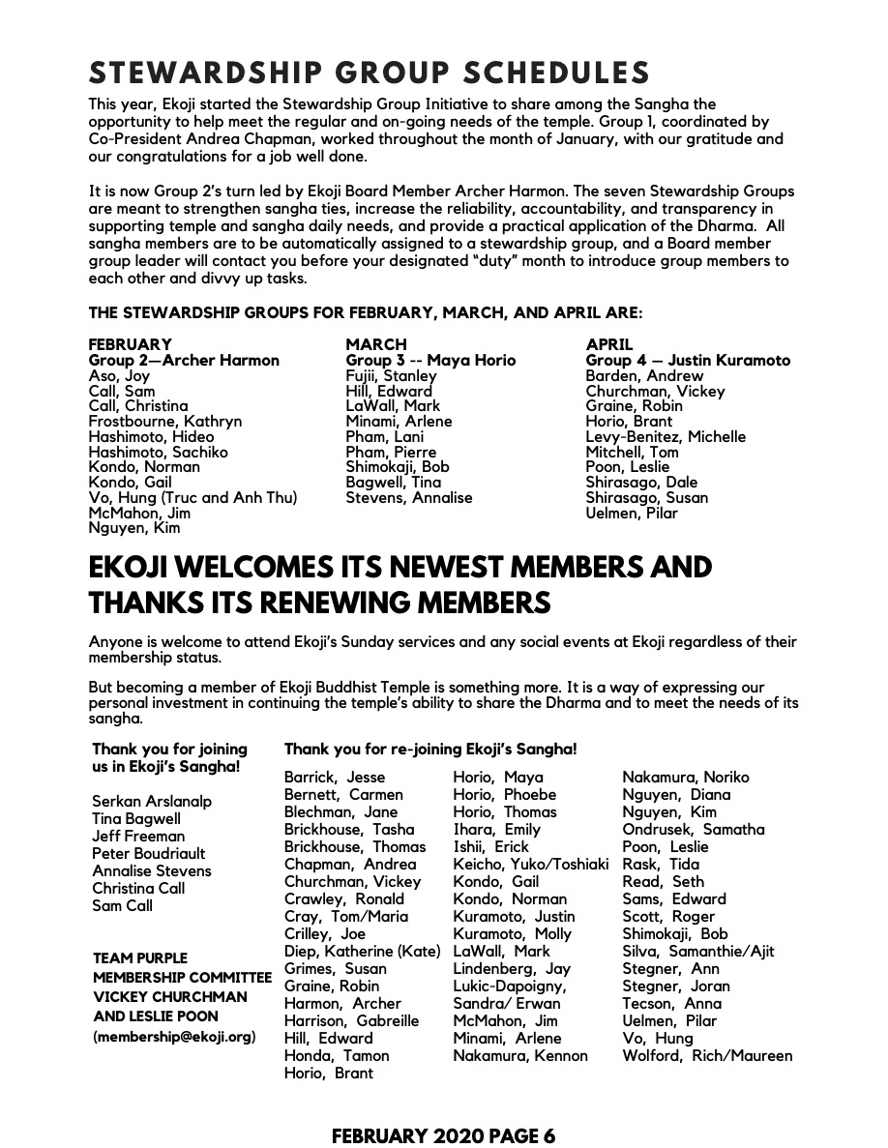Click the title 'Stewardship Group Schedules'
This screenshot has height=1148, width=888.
[x=370, y=74]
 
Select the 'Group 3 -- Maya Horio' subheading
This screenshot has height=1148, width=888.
[x=430, y=361]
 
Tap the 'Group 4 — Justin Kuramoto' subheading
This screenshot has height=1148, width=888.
[x=688, y=361]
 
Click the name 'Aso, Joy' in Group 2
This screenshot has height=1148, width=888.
[x=119, y=376]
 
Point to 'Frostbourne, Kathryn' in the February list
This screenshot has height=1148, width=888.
[x=164, y=422]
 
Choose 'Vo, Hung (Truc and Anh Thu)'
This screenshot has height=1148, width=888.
[x=192, y=498]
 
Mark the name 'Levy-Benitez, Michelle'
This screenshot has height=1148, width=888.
[x=666, y=437]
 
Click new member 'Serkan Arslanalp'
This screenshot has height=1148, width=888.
[x=152, y=802]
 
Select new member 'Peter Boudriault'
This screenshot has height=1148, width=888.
[x=149, y=854]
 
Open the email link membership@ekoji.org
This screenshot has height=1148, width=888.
[x=175, y=1037]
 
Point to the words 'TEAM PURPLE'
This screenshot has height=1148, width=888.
[x=140, y=959]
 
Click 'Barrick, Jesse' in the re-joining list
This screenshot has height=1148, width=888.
[x=334, y=778]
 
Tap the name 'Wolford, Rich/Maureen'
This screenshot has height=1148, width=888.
[x=707, y=1056]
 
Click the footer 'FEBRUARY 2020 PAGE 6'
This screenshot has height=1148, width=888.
[x=444, y=1135]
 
